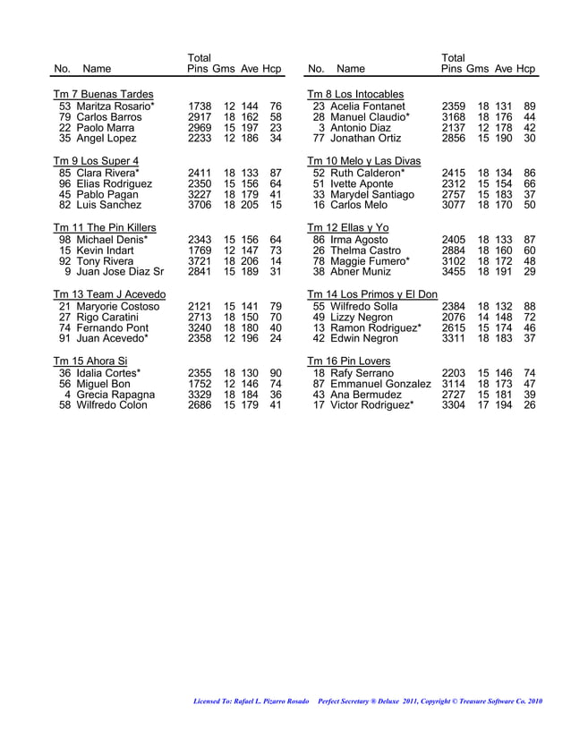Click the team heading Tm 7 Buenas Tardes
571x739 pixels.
(x=103, y=94)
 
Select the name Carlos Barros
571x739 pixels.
(x=108, y=116)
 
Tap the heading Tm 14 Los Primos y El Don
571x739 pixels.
(x=372, y=294)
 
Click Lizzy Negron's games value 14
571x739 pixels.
(x=484, y=317)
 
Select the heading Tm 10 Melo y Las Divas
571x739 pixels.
(x=368, y=160)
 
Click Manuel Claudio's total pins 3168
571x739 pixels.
(x=455, y=116)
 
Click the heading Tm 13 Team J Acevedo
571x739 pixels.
(x=109, y=294)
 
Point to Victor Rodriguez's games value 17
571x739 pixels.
(x=484, y=404)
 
